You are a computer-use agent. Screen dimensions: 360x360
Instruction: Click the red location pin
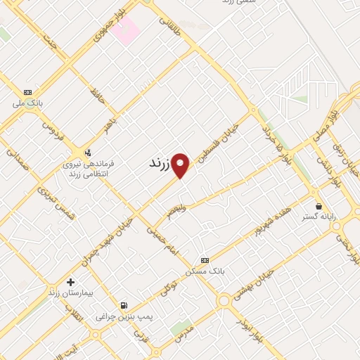point(181,165)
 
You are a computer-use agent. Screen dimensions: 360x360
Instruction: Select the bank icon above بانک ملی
point(27,92)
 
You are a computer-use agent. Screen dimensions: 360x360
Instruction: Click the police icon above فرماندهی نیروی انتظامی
point(87,152)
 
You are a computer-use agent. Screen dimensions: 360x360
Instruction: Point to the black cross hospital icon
point(70,282)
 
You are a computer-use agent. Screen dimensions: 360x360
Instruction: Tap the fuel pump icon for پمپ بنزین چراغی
point(124,305)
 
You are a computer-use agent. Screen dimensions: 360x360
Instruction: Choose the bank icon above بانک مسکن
point(205,259)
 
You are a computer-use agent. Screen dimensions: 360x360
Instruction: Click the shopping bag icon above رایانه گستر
point(319,206)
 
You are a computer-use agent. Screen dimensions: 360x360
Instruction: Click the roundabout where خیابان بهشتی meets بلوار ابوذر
point(224,300)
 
